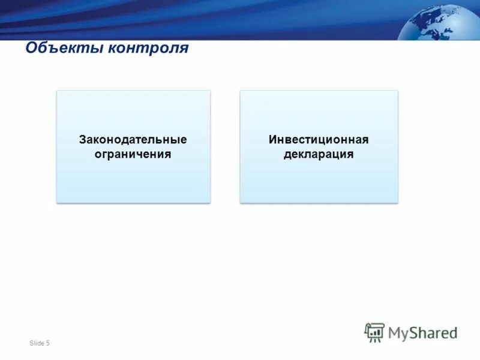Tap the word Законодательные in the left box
133,140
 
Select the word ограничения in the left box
133,154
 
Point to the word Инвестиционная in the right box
319,140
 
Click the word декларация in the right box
319,154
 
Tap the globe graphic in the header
442,23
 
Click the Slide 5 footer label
39,343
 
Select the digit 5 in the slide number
47,343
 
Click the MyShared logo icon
374,332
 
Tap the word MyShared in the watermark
422,332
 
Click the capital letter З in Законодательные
83,140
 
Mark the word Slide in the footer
36,343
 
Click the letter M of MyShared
395,332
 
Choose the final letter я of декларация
350,155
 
